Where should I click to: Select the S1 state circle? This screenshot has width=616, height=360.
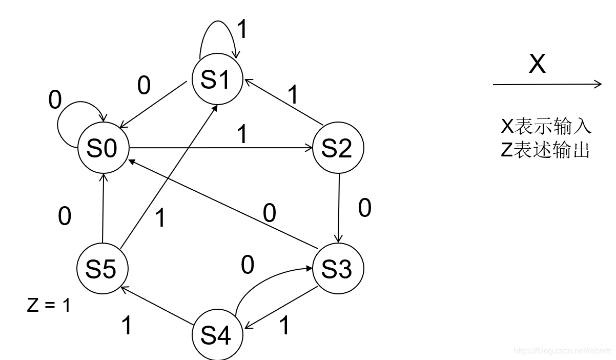click(x=217, y=81)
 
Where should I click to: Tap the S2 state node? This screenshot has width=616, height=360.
click(x=338, y=149)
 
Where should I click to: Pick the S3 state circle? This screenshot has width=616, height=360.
click(x=338, y=269)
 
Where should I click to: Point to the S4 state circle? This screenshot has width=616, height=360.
click(x=217, y=335)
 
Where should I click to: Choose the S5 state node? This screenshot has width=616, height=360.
click(x=102, y=269)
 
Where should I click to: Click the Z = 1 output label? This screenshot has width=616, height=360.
click(x=49, y=305)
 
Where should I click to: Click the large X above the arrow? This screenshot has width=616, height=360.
click(x=537, y=65)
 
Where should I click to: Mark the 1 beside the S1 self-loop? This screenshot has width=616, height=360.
click(x=242, y=30)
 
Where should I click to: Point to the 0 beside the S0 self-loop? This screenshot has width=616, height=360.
click(x=55, y=101)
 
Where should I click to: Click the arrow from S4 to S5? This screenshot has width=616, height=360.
click(x=159, y=306)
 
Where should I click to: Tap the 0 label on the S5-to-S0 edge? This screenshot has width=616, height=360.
click(x=65, y=216)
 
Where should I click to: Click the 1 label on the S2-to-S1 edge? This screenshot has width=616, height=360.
click(x=293, y=95)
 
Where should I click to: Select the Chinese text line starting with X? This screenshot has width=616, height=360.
click(x=545, y=126)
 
